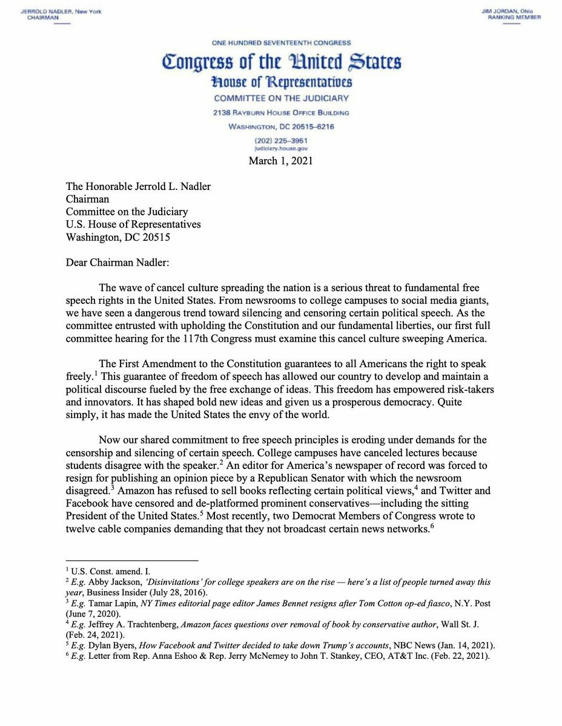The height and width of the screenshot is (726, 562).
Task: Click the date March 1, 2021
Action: coord(281,161)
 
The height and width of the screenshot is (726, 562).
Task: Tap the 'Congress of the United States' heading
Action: coord(281,62)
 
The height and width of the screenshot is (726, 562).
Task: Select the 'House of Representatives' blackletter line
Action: coord(281,82)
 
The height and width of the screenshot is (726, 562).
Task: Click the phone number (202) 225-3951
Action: coord(281,140)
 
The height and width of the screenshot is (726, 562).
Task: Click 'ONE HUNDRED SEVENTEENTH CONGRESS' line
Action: coord(281,43)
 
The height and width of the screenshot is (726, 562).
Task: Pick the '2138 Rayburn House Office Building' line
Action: coord(281,113)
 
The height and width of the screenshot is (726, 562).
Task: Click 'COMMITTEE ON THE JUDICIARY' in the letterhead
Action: coord(281,98)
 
